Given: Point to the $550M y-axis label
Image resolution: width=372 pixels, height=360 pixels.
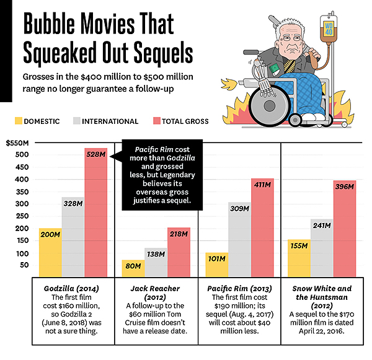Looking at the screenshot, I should (16, 143).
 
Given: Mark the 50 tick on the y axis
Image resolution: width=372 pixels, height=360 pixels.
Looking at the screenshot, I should (24, 265).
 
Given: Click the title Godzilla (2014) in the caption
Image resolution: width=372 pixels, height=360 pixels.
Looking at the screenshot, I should (73, 289).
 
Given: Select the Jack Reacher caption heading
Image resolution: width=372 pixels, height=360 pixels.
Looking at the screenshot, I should (156, 289).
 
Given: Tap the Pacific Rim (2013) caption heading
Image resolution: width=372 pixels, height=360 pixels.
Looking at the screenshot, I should (239, 289).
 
